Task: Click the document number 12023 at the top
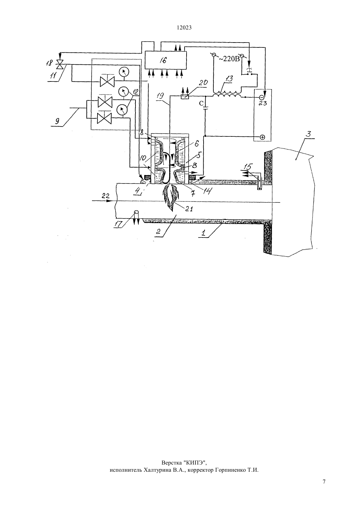click(x=184, y=28)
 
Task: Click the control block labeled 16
click(x=166, y=60)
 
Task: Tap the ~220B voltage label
click(x=229, y=59)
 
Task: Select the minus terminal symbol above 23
click(x=261, y=97)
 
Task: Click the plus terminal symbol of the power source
click(x=262, y=137)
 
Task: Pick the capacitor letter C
click(x=201, y=103)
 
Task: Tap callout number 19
click(x=160, y=96)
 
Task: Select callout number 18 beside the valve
click(x=49, y=62)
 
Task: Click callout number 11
click(x=53, y=76)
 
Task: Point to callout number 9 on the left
click(x=57, y=121)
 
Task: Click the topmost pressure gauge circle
click(x=124, y=72)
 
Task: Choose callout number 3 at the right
click(x=308, y=134)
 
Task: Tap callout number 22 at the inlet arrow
click(x=106, y=196)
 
